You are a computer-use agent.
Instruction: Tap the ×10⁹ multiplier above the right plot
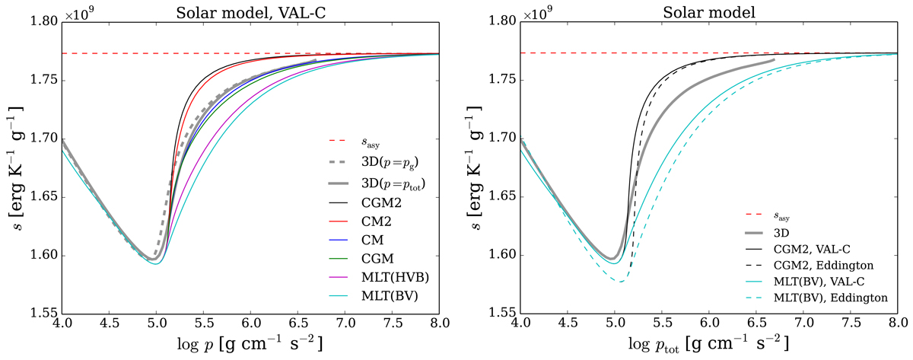tap(537, 14)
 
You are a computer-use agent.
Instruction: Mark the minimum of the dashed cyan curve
tap(622, 282)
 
